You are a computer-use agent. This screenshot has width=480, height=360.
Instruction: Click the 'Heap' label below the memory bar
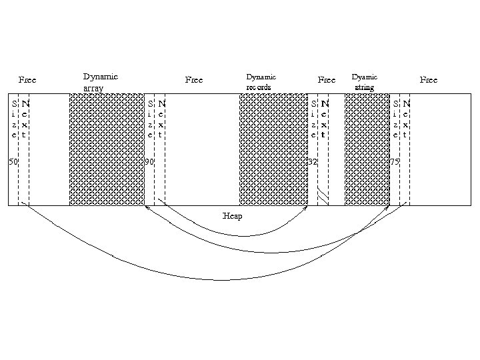coord(233,216)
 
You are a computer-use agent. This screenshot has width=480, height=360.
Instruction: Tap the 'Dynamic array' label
coord(100,82)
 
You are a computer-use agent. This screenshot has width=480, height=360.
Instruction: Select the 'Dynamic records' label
coord(261,82)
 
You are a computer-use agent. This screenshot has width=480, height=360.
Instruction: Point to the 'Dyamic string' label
coord(365,82)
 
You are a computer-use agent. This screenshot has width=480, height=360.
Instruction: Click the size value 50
coord(13,162)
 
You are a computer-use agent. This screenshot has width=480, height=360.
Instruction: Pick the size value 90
coord(150,162)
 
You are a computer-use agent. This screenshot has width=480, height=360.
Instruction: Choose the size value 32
coord(312,162)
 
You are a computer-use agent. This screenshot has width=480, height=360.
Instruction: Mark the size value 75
coord(395,162)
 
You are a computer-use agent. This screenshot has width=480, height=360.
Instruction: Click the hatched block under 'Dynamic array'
coord(107,149)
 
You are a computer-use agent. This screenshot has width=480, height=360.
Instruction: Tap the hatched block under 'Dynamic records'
coord(273,149)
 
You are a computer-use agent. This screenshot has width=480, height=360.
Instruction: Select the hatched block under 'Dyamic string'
coord(367,149)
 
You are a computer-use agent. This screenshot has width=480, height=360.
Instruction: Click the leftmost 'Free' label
coord(27,80)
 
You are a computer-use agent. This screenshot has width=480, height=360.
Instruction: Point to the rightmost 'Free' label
coord(428,80)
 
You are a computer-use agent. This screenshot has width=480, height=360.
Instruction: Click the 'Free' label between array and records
coord(193,80)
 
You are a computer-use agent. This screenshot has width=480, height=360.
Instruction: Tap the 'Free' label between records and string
coord(326,80)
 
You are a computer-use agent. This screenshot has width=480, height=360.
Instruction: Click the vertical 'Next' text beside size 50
coord(25,119)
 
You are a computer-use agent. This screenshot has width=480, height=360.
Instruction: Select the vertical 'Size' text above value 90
coord(151,119)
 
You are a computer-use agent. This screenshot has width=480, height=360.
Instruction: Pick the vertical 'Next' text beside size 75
coord(406,119)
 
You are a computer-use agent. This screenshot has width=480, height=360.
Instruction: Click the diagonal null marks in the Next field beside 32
coord(323,195)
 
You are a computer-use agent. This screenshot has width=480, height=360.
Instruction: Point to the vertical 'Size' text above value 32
coord(313,119)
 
